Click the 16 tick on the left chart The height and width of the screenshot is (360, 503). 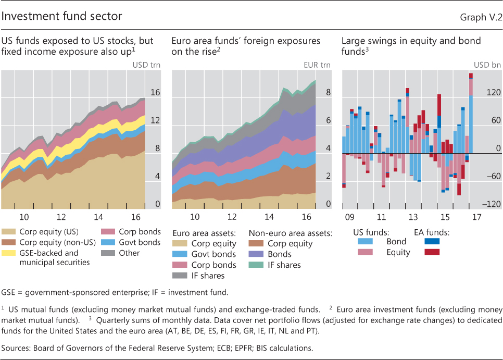point(155,93)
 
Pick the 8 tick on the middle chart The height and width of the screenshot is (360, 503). point(328,93)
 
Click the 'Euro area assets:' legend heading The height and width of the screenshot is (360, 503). point(204,232)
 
